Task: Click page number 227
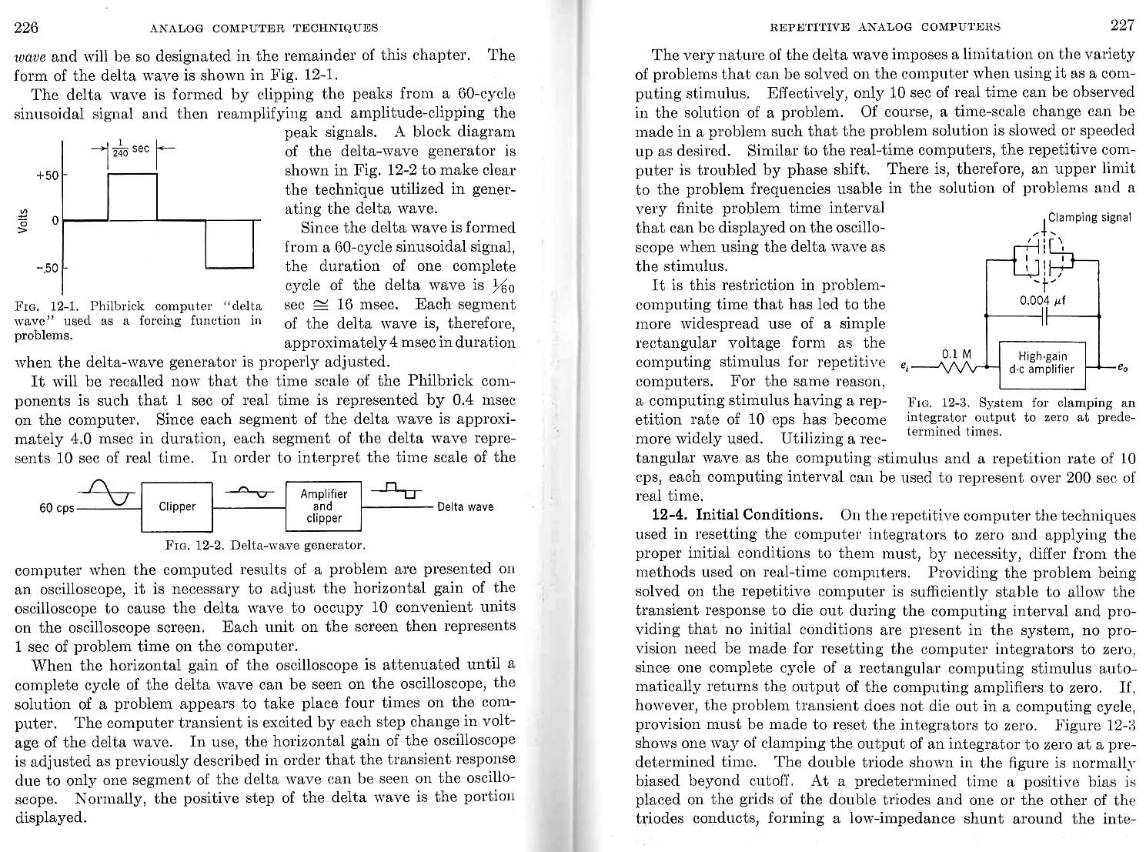click(x=1122, y=25)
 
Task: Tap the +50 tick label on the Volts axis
click(x=47, y=175)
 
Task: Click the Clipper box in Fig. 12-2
click(x=177, y=506)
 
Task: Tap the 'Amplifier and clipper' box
click(x=323, y=506)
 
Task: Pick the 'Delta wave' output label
click(x=465, y=506)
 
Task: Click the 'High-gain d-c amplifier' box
click(x=1041, y=363)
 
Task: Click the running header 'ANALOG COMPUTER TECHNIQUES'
click(x=264, y=28)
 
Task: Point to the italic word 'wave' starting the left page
click(x=31, y=56)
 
